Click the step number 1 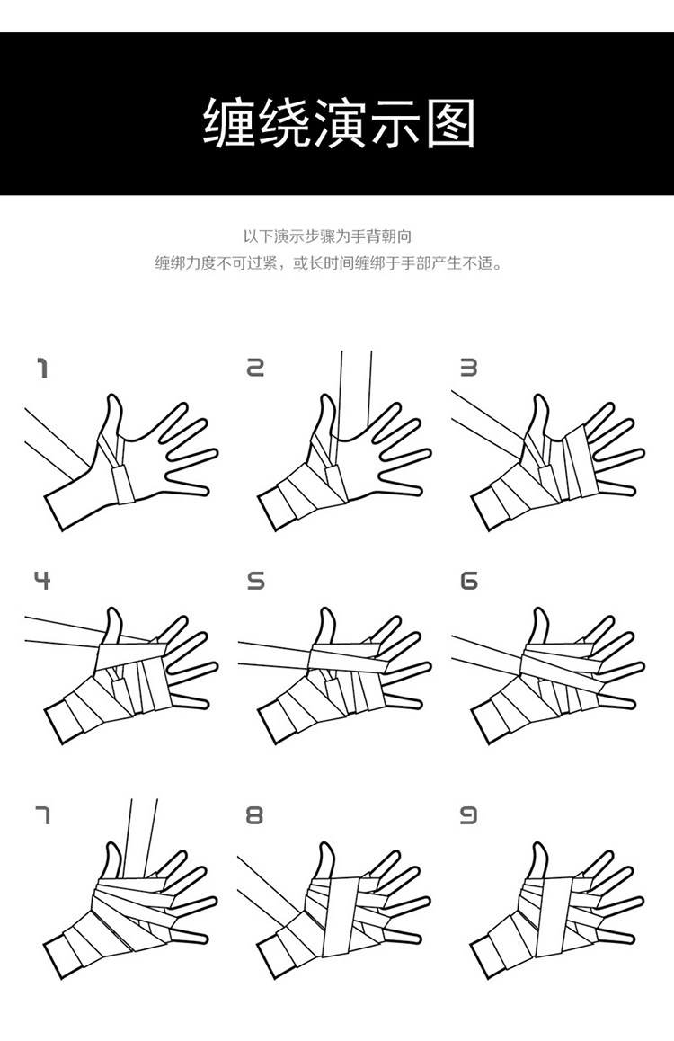(x=43, y=368)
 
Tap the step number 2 (x=255, y=368)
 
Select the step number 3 (x=469, y=368)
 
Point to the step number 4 (x=42, y=580)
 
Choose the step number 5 (x=255, y=581)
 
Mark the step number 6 (x=469, y=581)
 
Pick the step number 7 (x=42, y=814)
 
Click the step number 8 (x=254, y=814)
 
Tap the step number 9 (x=468, y=814)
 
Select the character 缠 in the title (x=228, y=123)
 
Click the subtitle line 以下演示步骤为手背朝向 (x=328, y=236)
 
